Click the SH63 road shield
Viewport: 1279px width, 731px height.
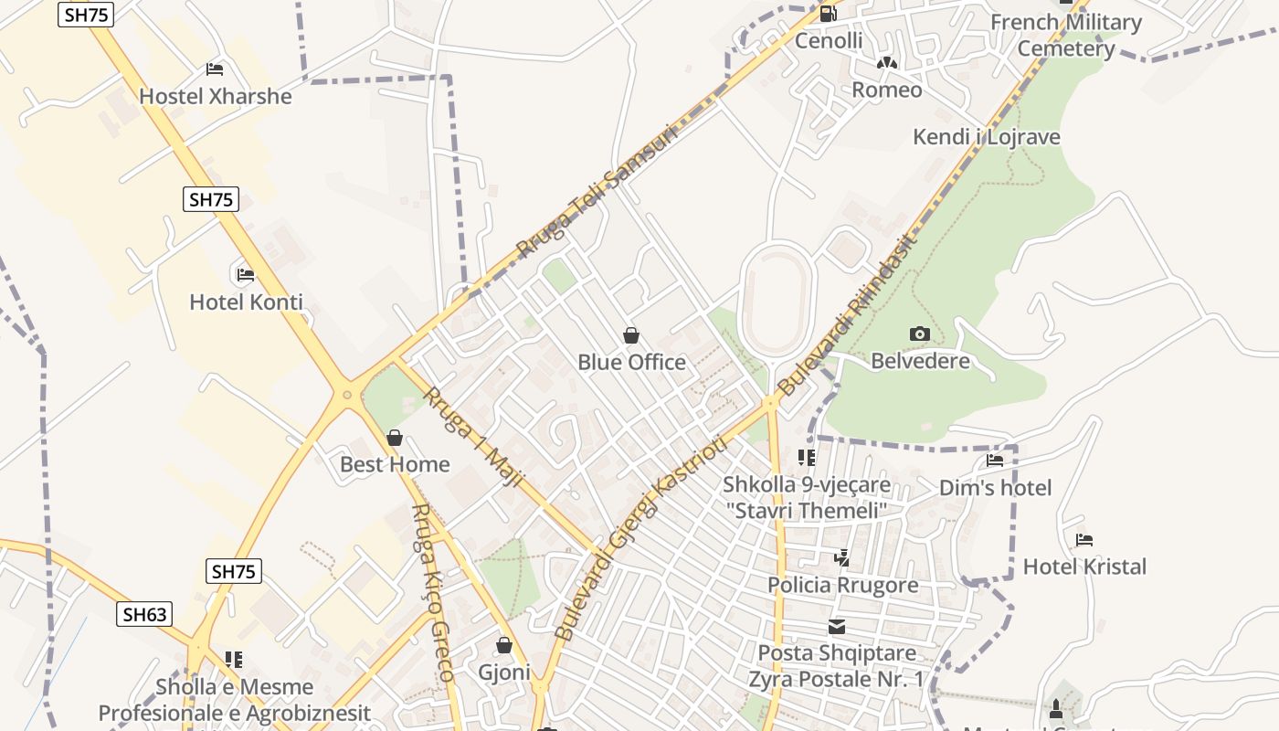pos(145,614)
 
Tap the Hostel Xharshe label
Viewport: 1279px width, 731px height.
pos(216,96)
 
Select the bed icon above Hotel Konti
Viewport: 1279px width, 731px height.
pos(245,274)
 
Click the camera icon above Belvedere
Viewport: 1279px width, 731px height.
pos(920,334)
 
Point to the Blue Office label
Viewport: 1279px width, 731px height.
pos(631,363)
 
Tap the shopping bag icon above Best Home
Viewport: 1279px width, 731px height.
pos(395,439)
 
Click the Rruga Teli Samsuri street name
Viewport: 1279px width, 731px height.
pos(598,191)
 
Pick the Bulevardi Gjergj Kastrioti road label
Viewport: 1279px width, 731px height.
pos(640,539)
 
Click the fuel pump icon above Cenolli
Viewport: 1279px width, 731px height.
pos(829,14)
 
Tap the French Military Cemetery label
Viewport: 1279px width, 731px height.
pos(1066,35)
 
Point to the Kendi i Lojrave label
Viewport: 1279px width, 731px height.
pos(987,137)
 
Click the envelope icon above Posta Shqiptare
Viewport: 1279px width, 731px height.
pos(837,627)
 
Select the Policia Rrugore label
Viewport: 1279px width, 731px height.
pos(842,585)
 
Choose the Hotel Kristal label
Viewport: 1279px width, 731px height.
pos(1084,567)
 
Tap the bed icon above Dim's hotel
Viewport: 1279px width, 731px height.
pos(995,461)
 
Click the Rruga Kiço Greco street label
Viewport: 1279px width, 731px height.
pos(432,594)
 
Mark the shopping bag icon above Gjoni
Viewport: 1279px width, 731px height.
pos(503,646)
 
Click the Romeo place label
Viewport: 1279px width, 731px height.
pos(886,90)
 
